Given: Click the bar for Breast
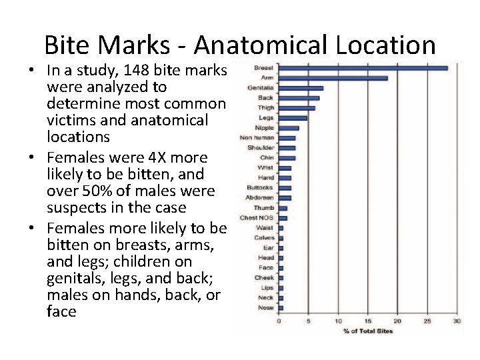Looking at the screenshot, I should tap(363, 67).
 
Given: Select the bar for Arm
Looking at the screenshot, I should tap(333, 78).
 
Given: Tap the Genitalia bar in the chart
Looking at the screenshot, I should tap(301, 88).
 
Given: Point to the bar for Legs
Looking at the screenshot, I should tap(293, 118).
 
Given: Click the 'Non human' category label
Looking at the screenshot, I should tap(257, 138).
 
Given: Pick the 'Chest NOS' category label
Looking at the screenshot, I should tap(257, 218).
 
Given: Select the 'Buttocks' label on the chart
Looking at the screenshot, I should tap(259, 188).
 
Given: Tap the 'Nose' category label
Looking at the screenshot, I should tap(266, 308).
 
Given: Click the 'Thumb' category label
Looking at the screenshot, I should tap(263, 208).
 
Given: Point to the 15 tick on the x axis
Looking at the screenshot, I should tap(368, 321).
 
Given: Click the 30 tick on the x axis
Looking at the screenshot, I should tap(457, 321).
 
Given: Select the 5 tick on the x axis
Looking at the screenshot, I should tap(309, 321).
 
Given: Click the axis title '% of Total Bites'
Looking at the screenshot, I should tap(368, 331).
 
